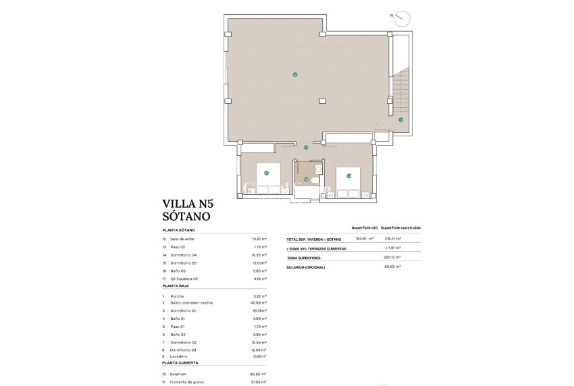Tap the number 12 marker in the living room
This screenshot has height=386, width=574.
point(294,74)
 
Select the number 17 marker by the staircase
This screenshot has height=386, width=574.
point(400,120)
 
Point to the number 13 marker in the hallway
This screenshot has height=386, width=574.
point(306,147)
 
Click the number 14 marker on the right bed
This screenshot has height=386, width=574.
point(348,176)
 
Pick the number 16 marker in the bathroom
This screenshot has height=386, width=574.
point(306,180)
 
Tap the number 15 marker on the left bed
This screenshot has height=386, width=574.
point(266,173)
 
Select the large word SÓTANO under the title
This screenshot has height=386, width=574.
point(186,217)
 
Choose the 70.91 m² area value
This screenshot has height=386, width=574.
point(259,239)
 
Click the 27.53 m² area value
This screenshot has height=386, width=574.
point(259,382)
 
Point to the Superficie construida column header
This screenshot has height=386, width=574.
point(400,227)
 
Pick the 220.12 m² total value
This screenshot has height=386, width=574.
point(392,257)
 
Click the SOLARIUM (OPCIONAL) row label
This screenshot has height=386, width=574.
point(306,267)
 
